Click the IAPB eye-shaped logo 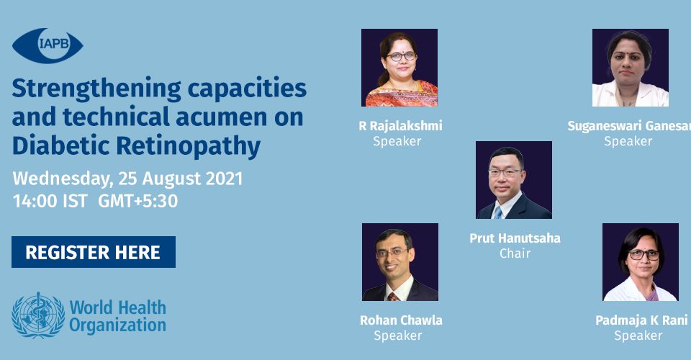point(48,45)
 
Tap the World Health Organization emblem point(38,315)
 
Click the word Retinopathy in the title point(189,147)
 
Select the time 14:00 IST point(50,201)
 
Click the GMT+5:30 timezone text point(138,201)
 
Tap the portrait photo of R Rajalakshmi point(399,68)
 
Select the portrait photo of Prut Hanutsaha point(514,180)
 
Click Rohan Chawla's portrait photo point(400,262)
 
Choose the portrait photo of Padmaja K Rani point(641,262)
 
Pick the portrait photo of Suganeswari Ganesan point(631,68)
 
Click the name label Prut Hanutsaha point(515,238)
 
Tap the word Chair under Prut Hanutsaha point(515,253)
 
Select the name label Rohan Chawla point(401,320)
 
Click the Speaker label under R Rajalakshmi point(397,141)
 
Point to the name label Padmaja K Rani point(641,320)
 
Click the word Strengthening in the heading point(96,89)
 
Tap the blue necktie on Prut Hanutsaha point(498,212)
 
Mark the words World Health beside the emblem point(118,307)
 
